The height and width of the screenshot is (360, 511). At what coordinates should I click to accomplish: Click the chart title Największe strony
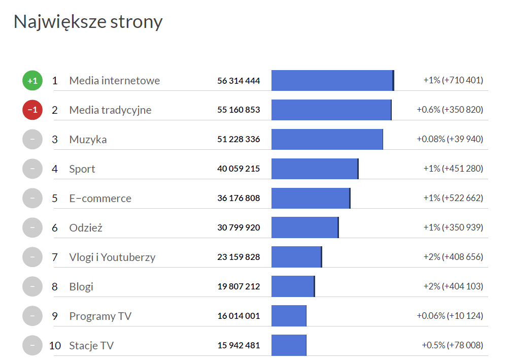click(88, 22)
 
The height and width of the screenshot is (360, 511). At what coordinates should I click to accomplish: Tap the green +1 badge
click(32, 80)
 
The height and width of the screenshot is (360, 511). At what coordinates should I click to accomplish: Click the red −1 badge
click(32, 110)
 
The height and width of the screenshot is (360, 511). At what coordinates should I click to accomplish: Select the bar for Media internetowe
click(332, 80)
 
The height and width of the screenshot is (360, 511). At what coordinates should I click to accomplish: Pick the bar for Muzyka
click(327, 139)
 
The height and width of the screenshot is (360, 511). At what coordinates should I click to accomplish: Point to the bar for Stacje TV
click(289, 345)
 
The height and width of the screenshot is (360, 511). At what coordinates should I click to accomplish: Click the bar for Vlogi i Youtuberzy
click(296, 257)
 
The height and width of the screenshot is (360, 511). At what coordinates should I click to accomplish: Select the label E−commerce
click(100, 198)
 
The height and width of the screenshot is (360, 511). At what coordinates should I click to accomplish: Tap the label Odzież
click(86, 227)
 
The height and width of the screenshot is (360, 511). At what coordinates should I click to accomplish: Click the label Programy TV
click(100, 316)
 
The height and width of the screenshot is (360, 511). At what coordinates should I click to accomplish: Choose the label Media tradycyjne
click(110, 110)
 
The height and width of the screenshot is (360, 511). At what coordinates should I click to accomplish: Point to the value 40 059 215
click(239, 169)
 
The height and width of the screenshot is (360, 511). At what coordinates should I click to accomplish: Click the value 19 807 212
click(239, 286)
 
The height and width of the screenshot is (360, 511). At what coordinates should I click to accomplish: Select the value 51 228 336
click(239, 139)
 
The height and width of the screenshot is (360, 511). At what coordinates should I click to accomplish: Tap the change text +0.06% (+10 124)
click(450, 316)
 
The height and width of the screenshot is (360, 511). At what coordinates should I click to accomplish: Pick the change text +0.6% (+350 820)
click(450, 110)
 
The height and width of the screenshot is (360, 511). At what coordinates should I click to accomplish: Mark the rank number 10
click(55, 345)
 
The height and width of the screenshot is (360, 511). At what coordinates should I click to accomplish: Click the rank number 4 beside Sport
click(55, 169)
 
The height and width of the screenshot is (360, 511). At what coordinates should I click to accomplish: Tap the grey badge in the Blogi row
click(32, 286)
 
